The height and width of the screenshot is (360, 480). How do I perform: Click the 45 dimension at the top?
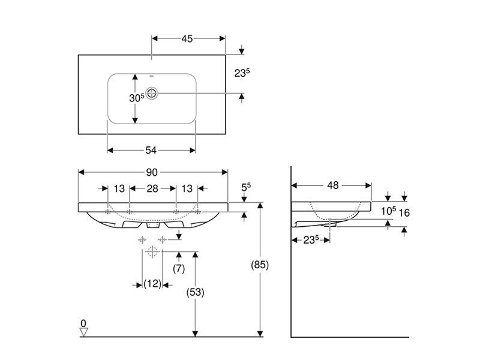(187, 38)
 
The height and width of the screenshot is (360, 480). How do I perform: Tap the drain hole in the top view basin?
(152, 93)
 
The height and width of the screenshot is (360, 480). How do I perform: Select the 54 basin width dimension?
(151, 150)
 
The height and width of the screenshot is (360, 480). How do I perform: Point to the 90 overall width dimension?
(152, 172)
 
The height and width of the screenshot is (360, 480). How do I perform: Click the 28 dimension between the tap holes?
(152, 188)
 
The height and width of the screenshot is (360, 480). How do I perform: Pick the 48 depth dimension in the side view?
(333, 185)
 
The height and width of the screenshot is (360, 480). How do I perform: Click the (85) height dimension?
(260, 265)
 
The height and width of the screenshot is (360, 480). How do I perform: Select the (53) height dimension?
(196, 292)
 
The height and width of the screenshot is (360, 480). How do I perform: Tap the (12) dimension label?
(152, 284)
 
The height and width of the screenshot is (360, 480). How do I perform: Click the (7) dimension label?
(179, 268)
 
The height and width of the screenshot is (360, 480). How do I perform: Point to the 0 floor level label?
(83, 323)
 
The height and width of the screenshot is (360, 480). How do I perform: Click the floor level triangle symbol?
(83, 332)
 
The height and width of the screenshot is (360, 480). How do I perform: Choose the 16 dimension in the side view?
(404, 212)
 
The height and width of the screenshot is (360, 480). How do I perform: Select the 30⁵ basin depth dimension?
(137, 98)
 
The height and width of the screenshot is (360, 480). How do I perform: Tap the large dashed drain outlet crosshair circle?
(152, 252)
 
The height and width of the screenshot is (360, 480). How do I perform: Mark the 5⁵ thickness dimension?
(246, 187)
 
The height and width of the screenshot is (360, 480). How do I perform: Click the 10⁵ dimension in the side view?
(388, 211)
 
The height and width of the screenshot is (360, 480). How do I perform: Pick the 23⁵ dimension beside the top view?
(242, 73)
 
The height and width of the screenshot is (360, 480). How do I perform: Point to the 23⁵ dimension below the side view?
(311, 239)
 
